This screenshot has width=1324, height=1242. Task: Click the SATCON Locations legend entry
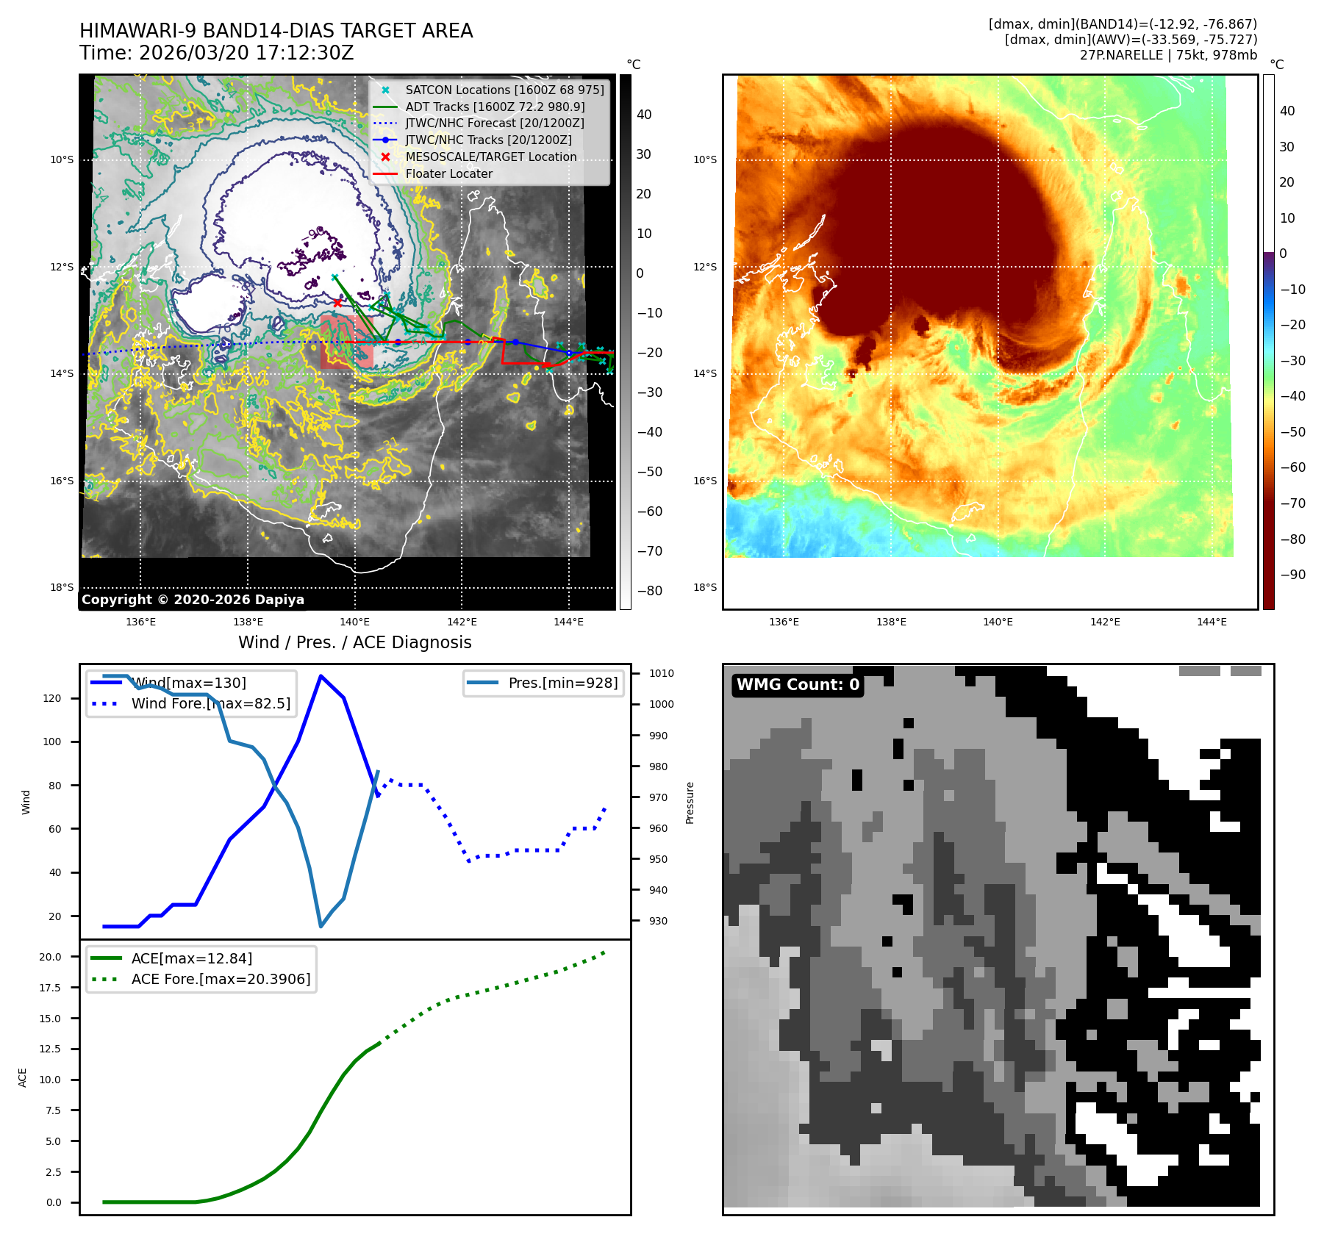click(x=504, y=90)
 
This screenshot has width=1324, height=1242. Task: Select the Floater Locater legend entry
click(x=448, y=173)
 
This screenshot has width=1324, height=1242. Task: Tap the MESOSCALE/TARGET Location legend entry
click(x=490, y=157)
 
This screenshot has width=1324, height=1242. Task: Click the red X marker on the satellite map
click(x=337, y=303)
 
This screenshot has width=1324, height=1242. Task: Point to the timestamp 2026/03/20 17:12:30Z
click(x=246, y=53)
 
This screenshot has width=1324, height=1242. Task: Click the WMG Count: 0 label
click(x=798, y=685)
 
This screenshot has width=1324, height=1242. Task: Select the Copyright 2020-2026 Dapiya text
click(x=193, y=600)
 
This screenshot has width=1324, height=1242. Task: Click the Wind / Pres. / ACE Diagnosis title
click(x=354, y=642)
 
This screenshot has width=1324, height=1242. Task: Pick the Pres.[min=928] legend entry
click(x=562, y=683)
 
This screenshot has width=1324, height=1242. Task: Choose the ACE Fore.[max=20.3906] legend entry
click(x=221, y=979)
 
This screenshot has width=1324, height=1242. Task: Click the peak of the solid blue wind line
click(x=321, y=675)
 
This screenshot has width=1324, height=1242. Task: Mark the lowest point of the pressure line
click(x=321, y=926)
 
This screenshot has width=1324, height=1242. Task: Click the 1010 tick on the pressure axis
click(x=662, y=673)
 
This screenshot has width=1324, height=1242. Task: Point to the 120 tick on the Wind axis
click(x=52, y=698)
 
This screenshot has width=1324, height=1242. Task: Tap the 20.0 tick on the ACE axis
click(x=50, y=957)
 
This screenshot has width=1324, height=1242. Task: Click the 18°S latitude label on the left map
click(x=62, y=587)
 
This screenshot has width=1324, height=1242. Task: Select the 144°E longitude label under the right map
click(x=1212, y=622)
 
